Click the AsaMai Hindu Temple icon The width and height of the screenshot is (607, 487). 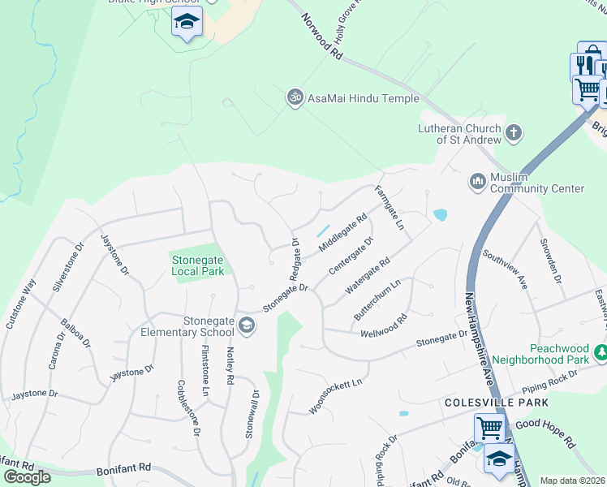tap(295, 98)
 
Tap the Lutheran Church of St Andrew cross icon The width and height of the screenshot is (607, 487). tap(513, 132)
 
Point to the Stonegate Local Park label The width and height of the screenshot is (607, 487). tap(197, 265)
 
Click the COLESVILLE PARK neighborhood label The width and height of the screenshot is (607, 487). tap(496, 403)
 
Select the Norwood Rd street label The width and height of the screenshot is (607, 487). tap(321, 36)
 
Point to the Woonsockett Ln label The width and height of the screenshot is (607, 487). tap(334, 395)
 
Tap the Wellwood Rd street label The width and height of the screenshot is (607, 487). tap(383, 326)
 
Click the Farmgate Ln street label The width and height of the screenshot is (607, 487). tap(389, 208)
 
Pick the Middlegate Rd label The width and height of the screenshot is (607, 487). tap(343, 232)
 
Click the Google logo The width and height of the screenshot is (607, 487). tap(27, 476)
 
